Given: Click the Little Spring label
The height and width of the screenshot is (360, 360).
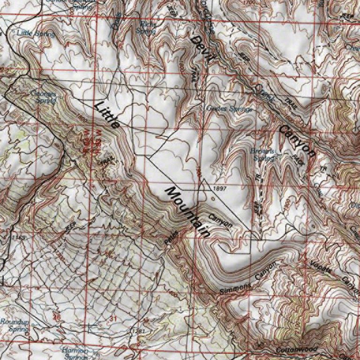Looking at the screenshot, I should tap(36, 33).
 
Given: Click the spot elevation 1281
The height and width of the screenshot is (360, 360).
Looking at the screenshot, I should tap(137, 331).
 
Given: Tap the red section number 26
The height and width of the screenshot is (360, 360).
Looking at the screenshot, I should tap(57, 317).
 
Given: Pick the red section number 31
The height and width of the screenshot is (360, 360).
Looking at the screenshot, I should tap(112, 319).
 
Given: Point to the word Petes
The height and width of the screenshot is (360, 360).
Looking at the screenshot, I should tap(171, 238).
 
